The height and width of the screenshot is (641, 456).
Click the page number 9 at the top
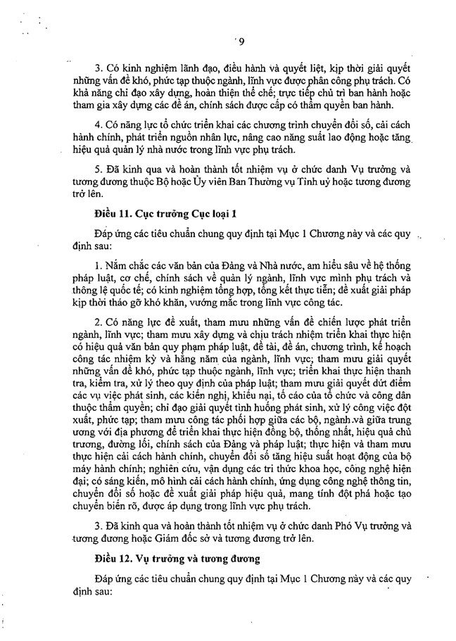[241, 40]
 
